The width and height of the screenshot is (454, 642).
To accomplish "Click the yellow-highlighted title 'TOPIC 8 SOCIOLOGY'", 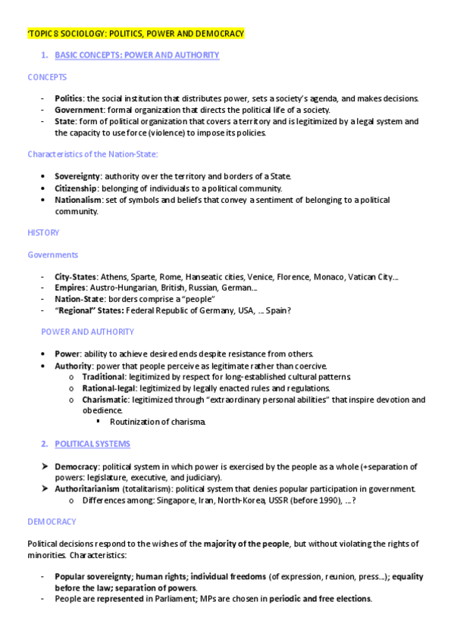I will click(x=136, y=34).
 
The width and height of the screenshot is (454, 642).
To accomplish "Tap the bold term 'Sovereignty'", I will click(x=77, y=176).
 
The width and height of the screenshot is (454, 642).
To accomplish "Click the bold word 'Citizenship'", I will click(x=76, y=188).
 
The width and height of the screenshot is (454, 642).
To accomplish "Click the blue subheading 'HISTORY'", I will click(x=43, y=232).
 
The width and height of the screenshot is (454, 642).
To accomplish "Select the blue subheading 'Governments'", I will click(x=53, y=255).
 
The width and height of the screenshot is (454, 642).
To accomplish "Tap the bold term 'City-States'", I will click(x=75, y=276).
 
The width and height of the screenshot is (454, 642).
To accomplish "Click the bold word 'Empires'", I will click(x=70, y=288).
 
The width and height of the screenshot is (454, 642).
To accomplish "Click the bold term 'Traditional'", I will click(x=104, y=376).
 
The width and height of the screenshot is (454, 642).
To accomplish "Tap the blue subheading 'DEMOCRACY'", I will click(x=52, y=522).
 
